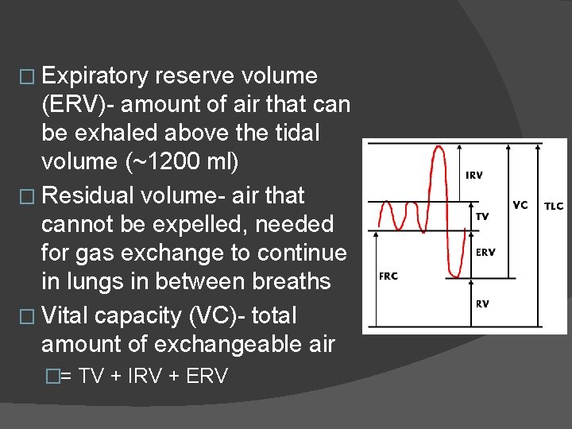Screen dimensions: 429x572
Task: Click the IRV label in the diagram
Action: [474, 175]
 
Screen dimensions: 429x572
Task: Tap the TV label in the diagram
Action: [482, 215]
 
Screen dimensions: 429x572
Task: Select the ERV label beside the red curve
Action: [485, 253]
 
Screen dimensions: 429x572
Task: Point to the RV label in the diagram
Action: [482, 303]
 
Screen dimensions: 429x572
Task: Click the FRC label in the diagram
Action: [388, 276]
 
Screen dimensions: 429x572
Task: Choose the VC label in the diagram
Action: [520, 205]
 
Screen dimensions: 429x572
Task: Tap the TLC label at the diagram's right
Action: [553, 206]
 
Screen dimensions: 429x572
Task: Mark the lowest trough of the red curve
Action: [454, 276]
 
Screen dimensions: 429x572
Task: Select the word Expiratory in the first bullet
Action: [95, 76]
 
